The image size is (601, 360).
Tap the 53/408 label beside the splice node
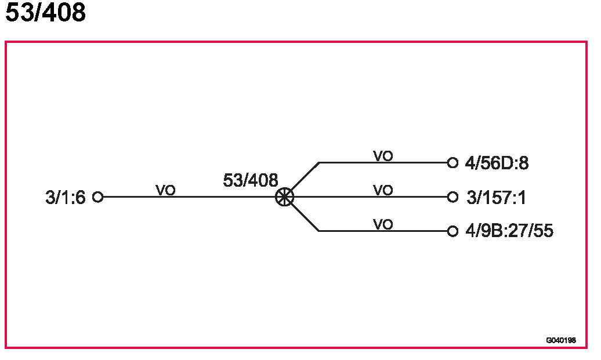250,180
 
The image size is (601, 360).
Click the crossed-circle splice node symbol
284,197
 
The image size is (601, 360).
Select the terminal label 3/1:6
65,198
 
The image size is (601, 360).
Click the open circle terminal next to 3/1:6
97,197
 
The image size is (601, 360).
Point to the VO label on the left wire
165,190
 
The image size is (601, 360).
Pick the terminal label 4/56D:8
497,163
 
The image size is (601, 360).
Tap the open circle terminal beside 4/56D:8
453,163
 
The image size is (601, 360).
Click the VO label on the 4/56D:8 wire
383,156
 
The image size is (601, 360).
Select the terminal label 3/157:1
496,198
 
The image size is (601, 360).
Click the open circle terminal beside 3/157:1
453,197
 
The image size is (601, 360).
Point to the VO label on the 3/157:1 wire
383,190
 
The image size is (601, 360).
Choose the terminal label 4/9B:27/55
509,231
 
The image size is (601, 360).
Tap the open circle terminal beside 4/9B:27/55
453,231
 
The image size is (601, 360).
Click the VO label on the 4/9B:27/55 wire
383,224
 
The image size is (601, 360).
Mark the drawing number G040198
560,340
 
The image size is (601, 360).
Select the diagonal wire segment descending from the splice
305,217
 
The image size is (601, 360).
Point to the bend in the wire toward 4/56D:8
319,163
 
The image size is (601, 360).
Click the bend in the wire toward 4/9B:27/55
319,231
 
